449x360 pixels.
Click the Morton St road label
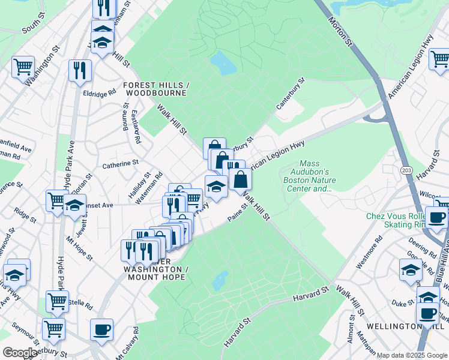340,29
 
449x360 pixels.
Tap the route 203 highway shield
407,163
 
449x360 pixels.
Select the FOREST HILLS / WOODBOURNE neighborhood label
156,89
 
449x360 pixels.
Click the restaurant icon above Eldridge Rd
80,70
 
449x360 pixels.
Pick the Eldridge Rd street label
99,94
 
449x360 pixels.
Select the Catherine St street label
120,163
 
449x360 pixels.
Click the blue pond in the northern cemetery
222,63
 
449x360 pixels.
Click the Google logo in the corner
19,352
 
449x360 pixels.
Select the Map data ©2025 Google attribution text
411,355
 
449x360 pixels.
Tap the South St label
34,27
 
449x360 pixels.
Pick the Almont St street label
350,333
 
